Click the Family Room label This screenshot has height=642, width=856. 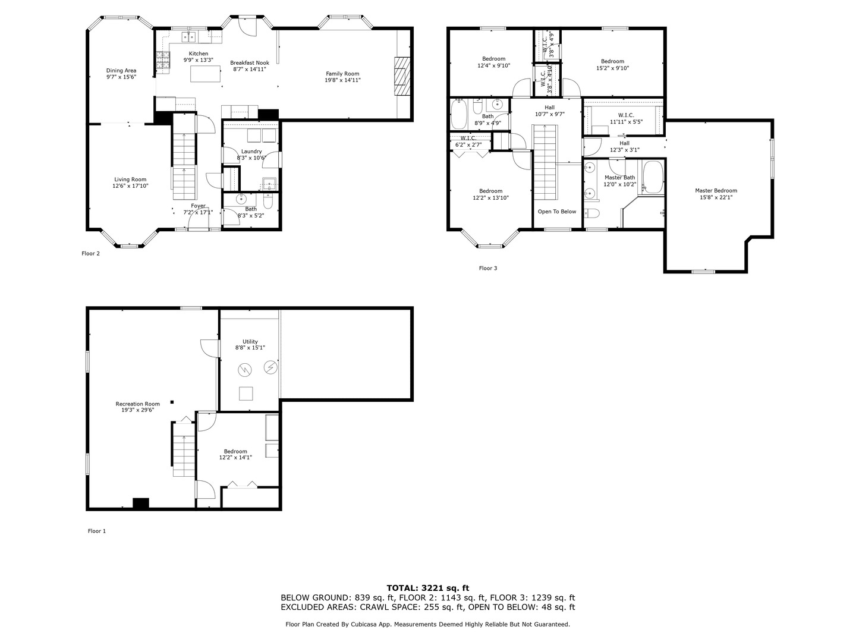342,74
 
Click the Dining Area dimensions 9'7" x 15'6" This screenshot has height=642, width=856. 121,77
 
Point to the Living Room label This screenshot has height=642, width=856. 130,180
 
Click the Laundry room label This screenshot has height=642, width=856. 251,152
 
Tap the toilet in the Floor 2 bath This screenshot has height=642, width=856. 268,203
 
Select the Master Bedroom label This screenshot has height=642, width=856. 716,191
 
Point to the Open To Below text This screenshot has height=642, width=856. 557,212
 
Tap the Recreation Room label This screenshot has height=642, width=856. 137,404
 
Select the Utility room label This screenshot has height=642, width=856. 250,342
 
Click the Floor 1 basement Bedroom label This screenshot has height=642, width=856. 235,452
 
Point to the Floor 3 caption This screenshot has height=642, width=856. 487,268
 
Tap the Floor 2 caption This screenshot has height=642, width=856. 90,254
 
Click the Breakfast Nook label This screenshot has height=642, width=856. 250,62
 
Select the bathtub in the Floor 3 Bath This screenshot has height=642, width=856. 459,115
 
